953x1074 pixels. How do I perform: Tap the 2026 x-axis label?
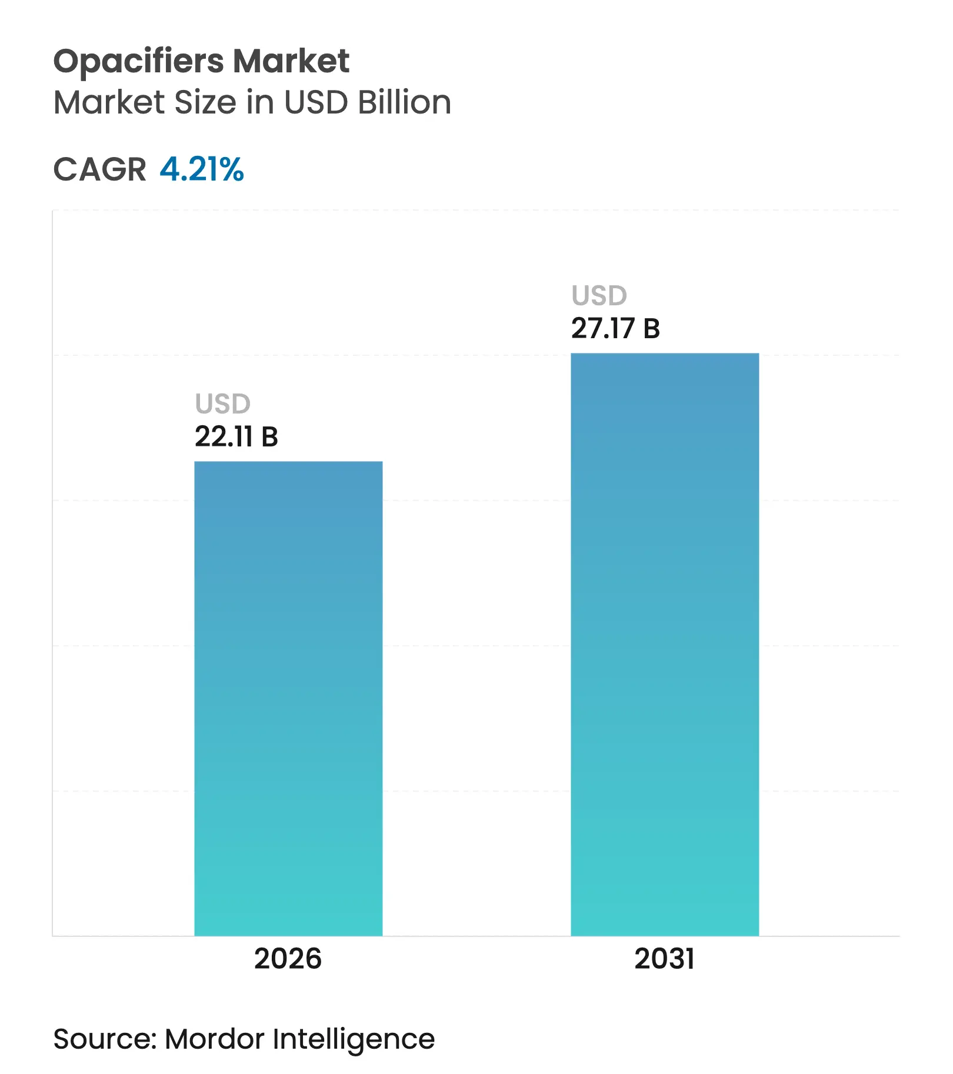[x=288, y=959]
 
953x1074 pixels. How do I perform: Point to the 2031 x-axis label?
[x=664, y=959]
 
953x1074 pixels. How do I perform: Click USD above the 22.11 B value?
[x=223, y=404]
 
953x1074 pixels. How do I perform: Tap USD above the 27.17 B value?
[x=599, y=296]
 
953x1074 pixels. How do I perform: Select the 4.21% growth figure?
[x=202, y=169]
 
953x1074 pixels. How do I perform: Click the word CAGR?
[x=99, y=170]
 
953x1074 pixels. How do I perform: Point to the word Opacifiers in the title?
[x=138, y=62]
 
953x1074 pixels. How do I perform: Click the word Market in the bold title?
[x=291, y=61]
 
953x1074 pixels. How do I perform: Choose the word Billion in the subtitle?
[x=405, y=102]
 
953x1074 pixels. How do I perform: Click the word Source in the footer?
[x=104, y=1039]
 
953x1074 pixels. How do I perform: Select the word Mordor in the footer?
[x=215, y=1039]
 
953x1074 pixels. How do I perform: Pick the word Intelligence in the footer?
[x=354, y=1040]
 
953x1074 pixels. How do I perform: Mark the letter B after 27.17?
[x=651, y=329]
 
